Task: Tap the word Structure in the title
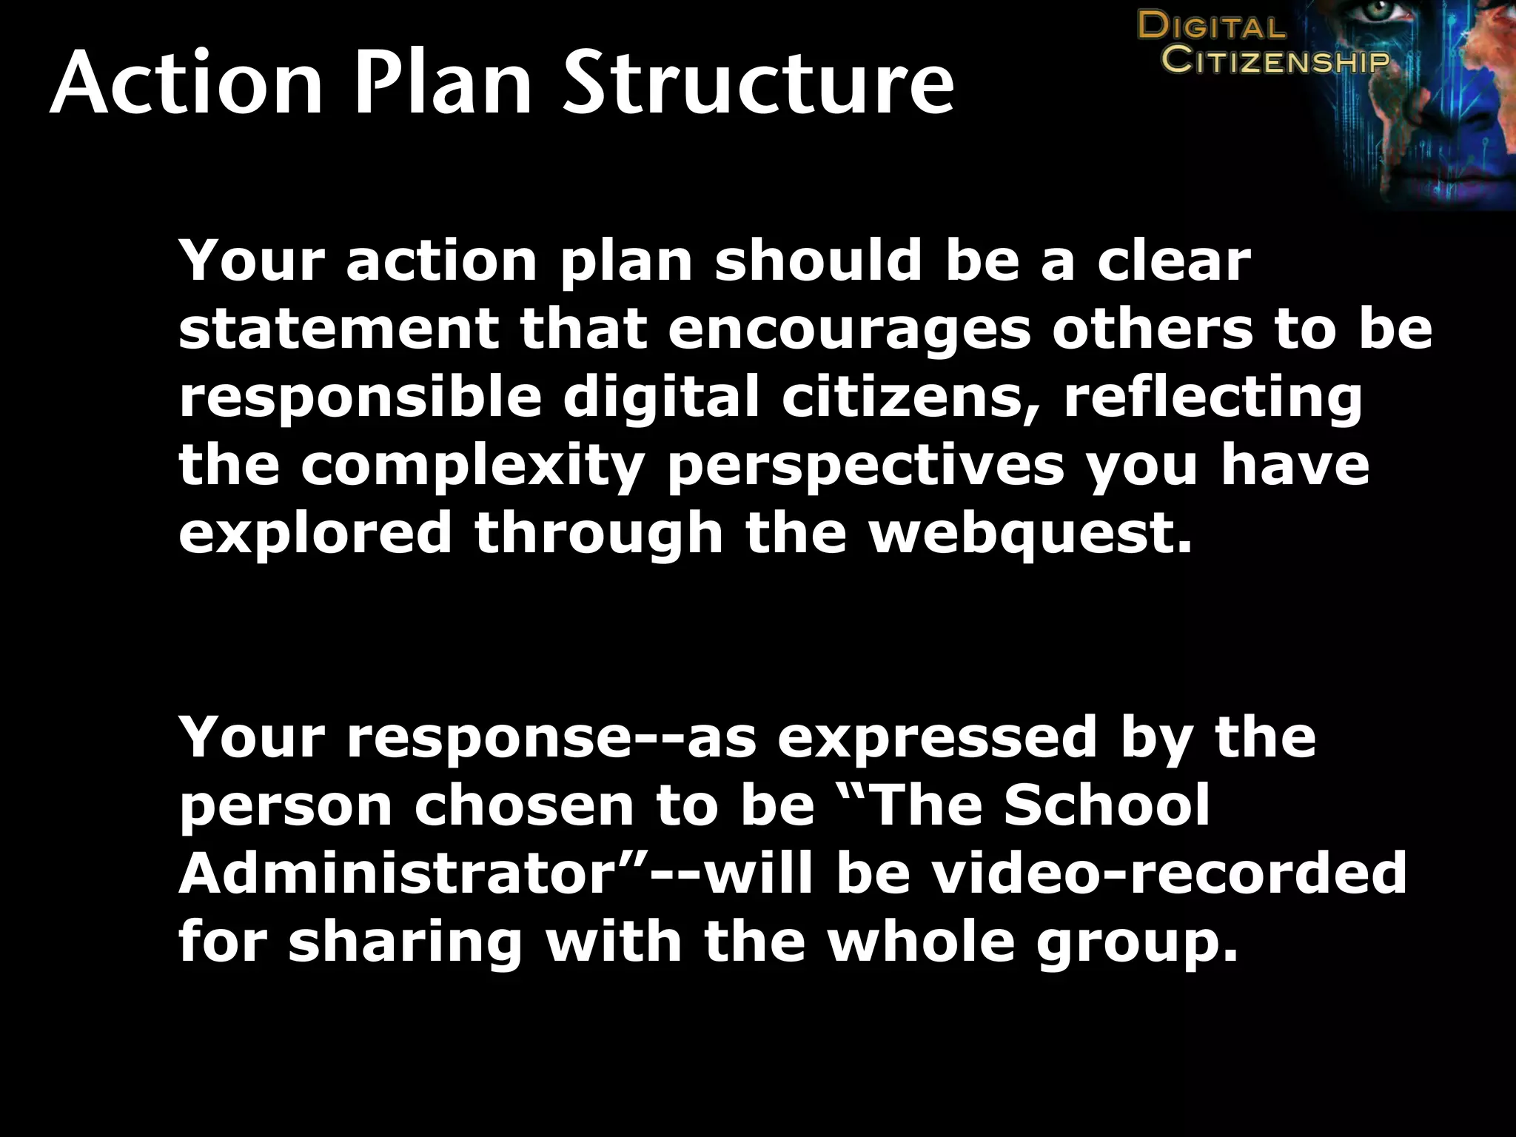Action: pos(758,83)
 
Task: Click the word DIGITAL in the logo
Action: pos(1212,27)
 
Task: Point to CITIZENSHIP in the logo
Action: pos(1275,60)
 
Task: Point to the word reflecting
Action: pos(1212,398)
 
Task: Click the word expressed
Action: pos(937,738)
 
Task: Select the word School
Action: pos(1107,805)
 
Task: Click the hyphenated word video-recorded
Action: pos(1169,873)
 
